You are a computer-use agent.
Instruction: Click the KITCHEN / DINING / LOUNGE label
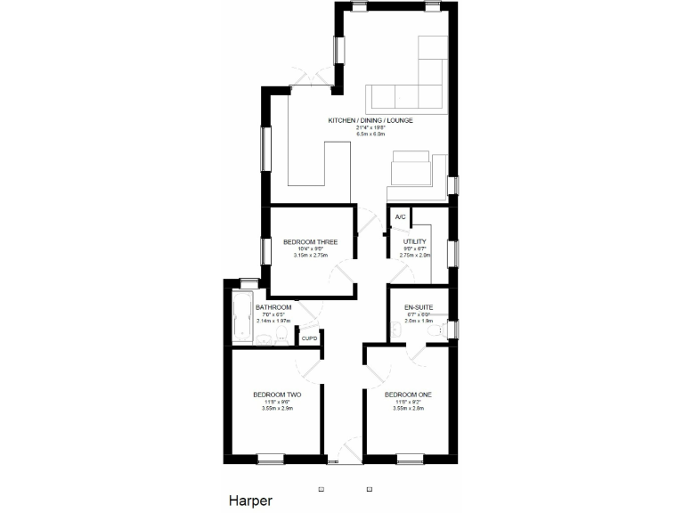[370, 120]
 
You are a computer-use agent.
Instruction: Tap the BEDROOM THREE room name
[309, 241]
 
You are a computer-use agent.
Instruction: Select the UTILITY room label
[415, 241]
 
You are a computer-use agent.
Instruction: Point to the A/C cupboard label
[400, 217]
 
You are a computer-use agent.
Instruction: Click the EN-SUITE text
[418, 306]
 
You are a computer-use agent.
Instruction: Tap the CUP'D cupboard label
[309, 338]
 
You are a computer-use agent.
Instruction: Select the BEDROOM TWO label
[276, 395]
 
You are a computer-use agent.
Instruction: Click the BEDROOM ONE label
[408, 395]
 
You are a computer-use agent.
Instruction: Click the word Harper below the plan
[250, 501]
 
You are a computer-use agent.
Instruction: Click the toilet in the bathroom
[281, 335]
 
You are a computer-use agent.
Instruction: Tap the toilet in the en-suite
[436, 331]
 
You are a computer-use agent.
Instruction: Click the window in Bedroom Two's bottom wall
[270, 460]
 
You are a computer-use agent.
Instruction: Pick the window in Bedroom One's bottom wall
[410, 460]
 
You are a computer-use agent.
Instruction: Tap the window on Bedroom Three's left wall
[264, 250]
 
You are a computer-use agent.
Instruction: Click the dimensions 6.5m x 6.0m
[370, 134]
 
